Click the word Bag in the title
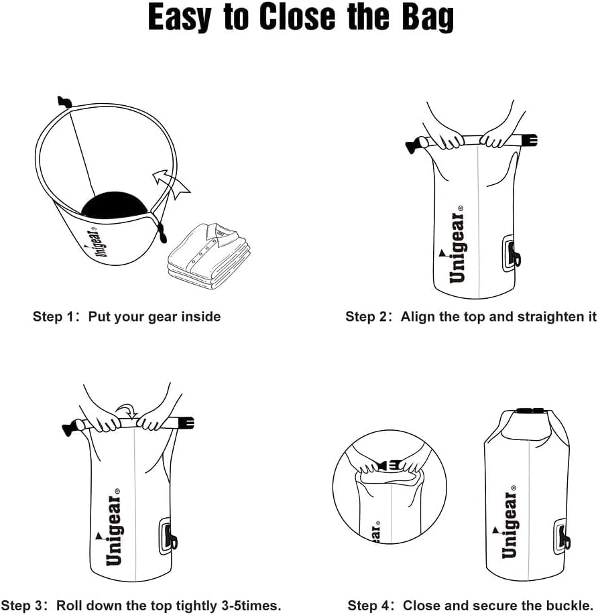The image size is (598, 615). (x=421, y=18)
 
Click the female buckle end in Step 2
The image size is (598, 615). (x=528, y=141)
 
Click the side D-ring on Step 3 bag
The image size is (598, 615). (x=169, y=537)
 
